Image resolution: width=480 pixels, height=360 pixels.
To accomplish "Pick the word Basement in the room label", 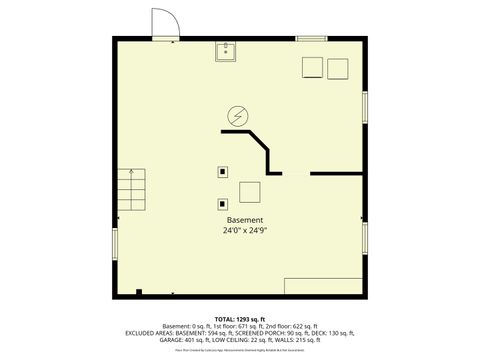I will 245,220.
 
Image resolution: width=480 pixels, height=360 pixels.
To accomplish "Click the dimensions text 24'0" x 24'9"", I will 245,231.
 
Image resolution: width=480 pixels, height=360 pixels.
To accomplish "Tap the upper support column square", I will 221,170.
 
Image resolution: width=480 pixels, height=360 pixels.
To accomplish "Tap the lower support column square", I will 221,205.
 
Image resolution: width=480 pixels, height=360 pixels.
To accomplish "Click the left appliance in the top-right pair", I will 313,68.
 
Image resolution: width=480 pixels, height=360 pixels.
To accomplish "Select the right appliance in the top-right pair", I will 338,68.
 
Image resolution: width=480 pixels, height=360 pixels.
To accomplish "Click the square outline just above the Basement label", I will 249,191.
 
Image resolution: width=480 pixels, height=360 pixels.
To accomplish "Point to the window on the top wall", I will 311,38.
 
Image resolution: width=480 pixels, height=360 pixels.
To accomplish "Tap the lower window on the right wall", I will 364,238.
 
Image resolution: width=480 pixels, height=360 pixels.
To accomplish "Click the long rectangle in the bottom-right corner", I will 322,286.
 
